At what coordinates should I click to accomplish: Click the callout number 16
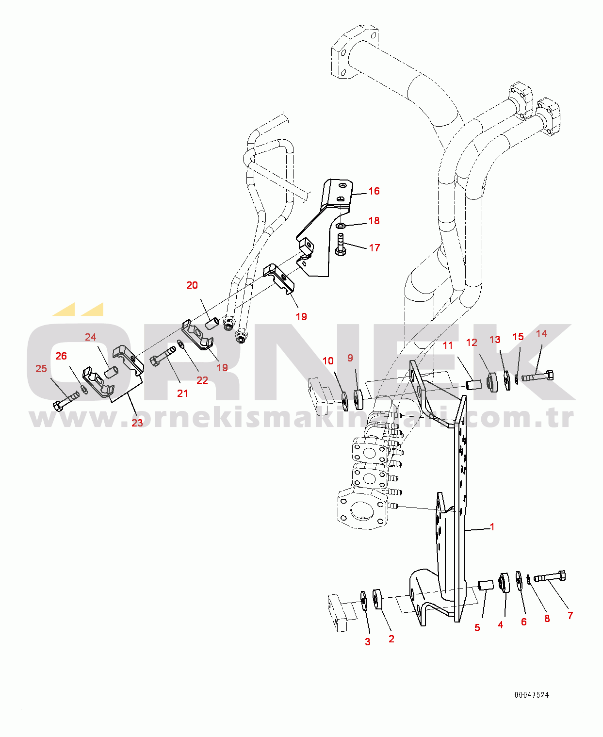[x=374, y=191]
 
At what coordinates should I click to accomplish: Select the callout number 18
[x=374, y=221]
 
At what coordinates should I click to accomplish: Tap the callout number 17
[x=374, y=248]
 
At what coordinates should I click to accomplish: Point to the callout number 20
[x=192, y=285]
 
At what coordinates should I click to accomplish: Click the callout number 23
[x=137, y=423]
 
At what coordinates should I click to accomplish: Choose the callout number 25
[x=41, y=369]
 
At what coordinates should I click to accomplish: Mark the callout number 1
[x=492, y=527]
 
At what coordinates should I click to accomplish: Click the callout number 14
[x=541, y=334]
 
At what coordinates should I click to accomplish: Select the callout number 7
[x=570, y=616]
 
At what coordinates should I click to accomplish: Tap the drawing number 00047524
[x=532, y=695]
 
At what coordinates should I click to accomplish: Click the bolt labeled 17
[x=340, y=244]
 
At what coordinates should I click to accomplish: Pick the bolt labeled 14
[x=538, y=376]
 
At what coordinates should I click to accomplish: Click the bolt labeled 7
[x=550, y=577]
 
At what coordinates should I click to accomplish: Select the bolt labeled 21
[x=163, y=355]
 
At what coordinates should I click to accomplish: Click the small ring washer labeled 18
[x=341, y=226]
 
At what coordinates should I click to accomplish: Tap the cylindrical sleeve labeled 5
[x=485, y=585]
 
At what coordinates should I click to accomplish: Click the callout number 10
[x=328, y=361]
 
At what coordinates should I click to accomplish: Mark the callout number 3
[x=368, y=642]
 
